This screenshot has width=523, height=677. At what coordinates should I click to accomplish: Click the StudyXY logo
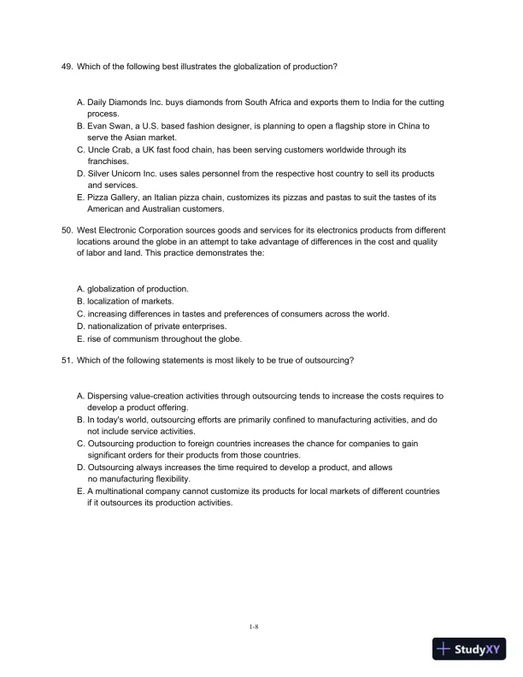pyautogui.click(x=469, y=649)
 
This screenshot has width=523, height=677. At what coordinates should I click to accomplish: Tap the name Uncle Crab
pyautogui.click(x=111, y=150)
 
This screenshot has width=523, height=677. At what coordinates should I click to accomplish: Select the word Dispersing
pyautogui.click(x=109, y=397)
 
